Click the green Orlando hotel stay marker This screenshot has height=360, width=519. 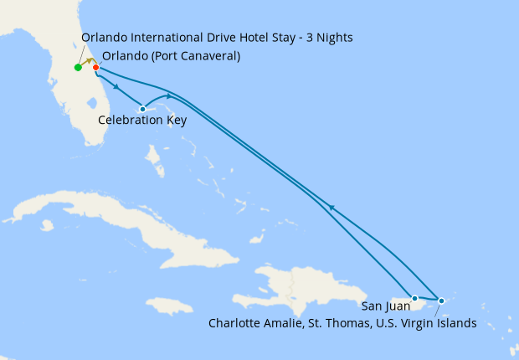pos(78,67)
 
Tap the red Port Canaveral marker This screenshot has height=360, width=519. pos(95,67)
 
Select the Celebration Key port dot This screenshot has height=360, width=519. pos(143,109)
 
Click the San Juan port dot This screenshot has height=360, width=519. pos(414,298)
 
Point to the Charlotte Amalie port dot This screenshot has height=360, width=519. pos(441,300)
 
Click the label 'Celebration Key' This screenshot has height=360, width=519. pos(142,121)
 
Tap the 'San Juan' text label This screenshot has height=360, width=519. pos(387,306)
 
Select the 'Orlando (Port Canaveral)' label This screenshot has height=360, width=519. pos(171,57)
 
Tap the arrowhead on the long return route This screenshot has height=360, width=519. pos(332,208)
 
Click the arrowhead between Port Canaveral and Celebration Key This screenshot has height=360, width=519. pos(115,86)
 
